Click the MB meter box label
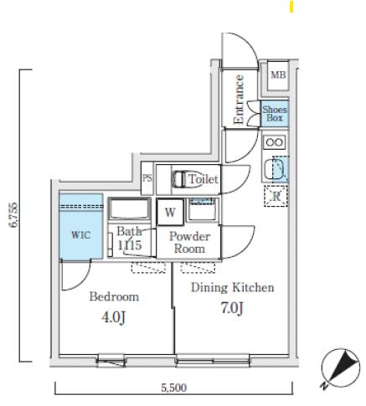click(278, 75)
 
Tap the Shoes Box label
click(275, 114)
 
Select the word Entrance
click(239, 100)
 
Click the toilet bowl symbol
click(178, 179)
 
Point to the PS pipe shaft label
click(147, 178)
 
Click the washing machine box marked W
click(170, 212)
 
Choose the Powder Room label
click(189, 243)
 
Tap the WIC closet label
click(80, 235)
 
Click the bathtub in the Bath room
click(129, 209)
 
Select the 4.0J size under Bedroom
click(113, 317)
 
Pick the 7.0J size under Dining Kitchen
click(232, 308)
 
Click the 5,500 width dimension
click(173, 388)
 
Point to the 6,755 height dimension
click(14, 215)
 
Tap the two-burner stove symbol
click(275, 142)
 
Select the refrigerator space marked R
click(276, 196)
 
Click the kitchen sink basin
click(275, 169)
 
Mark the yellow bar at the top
click(291, 7)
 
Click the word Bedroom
click(114, 296)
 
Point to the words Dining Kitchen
click(233, 288)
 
